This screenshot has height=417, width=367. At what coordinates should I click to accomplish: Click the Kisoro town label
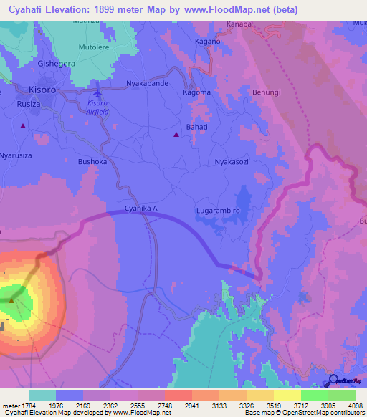[43, 90]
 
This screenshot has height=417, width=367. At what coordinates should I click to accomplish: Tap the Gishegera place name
[57, 63]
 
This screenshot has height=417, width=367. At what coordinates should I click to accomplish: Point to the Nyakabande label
[147, 84]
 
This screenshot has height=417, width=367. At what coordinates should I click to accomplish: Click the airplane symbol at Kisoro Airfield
[98, 92]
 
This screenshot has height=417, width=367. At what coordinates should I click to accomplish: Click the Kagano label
[207, 42]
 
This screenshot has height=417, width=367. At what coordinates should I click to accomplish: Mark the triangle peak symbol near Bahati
[177, 133]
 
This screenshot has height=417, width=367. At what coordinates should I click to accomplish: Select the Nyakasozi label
[232, 162]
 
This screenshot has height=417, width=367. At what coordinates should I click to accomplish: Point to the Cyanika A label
[140, 208]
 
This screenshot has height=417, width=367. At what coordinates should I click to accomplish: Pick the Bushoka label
[92, 162]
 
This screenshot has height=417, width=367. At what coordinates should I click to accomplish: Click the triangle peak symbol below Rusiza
[23, 126]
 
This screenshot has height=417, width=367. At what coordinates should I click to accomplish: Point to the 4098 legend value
[347, 406]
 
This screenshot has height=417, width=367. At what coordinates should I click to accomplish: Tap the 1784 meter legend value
[25, 406]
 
